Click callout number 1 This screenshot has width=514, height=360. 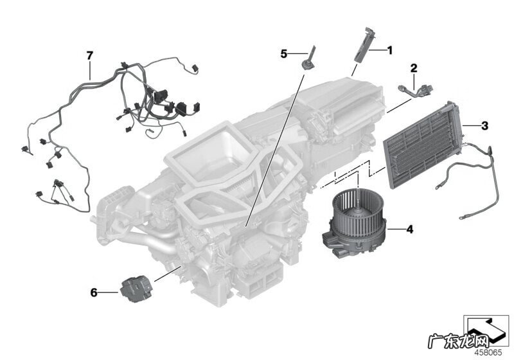click(389, 51)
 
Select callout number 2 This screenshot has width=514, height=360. click(414, 68)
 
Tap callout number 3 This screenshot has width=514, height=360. click(484, 125)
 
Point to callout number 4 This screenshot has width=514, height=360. click(410, 230)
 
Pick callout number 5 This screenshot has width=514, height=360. click(283, 54)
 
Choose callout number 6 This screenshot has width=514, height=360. click(94, 292)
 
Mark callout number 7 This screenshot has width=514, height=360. click(90, 56)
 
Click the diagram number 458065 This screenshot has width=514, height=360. click(488, 352)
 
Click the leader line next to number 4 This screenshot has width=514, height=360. click(396, 229)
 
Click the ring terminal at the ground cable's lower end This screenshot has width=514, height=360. click(462, 217)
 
